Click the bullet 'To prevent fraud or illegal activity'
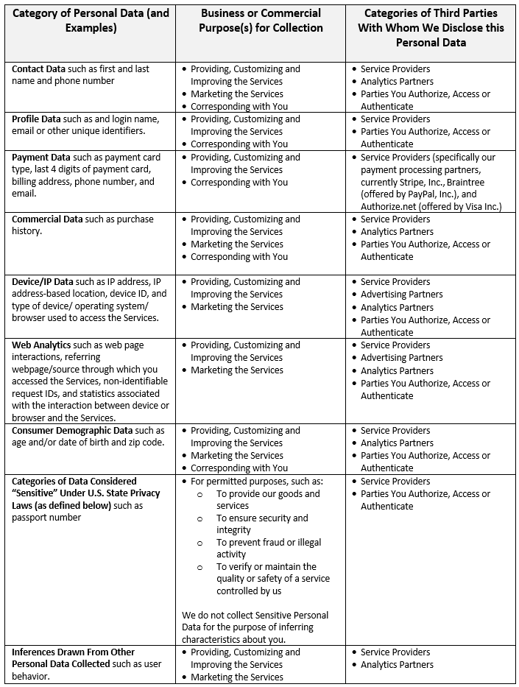tap(268, 548)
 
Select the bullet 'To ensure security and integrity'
tap(262, 524)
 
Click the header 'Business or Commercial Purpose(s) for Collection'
tap(261, 21)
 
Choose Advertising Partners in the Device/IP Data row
tap(402, 294)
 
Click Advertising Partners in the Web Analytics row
tap(402, 357)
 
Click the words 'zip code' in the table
tap(144, 443)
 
